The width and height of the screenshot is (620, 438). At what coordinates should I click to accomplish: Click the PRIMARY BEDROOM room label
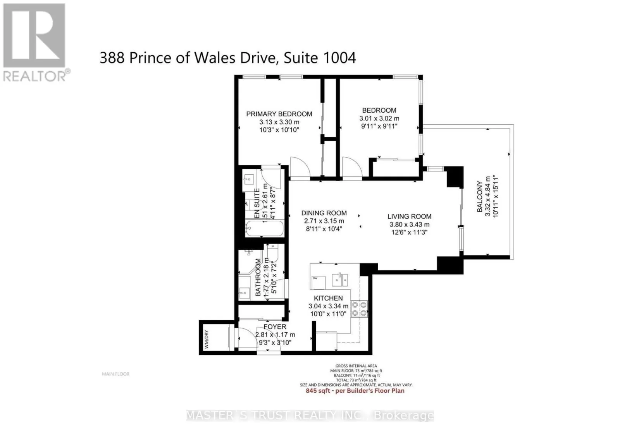[x=279, y=114]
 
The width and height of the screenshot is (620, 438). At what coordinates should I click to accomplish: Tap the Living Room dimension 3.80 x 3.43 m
[x=409, y=225]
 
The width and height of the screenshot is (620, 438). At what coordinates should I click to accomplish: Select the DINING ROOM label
[x=324, y=213]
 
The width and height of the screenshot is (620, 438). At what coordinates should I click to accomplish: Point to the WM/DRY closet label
[x=206, y=340]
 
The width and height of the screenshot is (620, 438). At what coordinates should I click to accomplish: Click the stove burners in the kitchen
[x=359, y=309]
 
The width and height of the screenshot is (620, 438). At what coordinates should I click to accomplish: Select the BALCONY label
[x=480, y=196]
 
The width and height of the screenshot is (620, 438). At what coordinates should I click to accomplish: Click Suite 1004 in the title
[x=320, y=58]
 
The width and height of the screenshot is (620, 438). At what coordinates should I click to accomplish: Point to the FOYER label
[x=275, y=327]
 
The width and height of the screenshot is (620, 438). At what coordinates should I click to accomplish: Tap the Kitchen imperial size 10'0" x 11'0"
[x=328, y=314]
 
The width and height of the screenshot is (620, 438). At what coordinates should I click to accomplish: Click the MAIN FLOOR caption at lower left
[x=115, y=374]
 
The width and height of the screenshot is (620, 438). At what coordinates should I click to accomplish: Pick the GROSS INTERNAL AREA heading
[x=356, y=366]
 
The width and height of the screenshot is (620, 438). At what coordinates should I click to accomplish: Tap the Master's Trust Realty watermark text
[x=310, y=416]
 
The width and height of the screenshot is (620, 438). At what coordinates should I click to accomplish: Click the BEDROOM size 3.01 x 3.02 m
[x=379, y=119]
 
